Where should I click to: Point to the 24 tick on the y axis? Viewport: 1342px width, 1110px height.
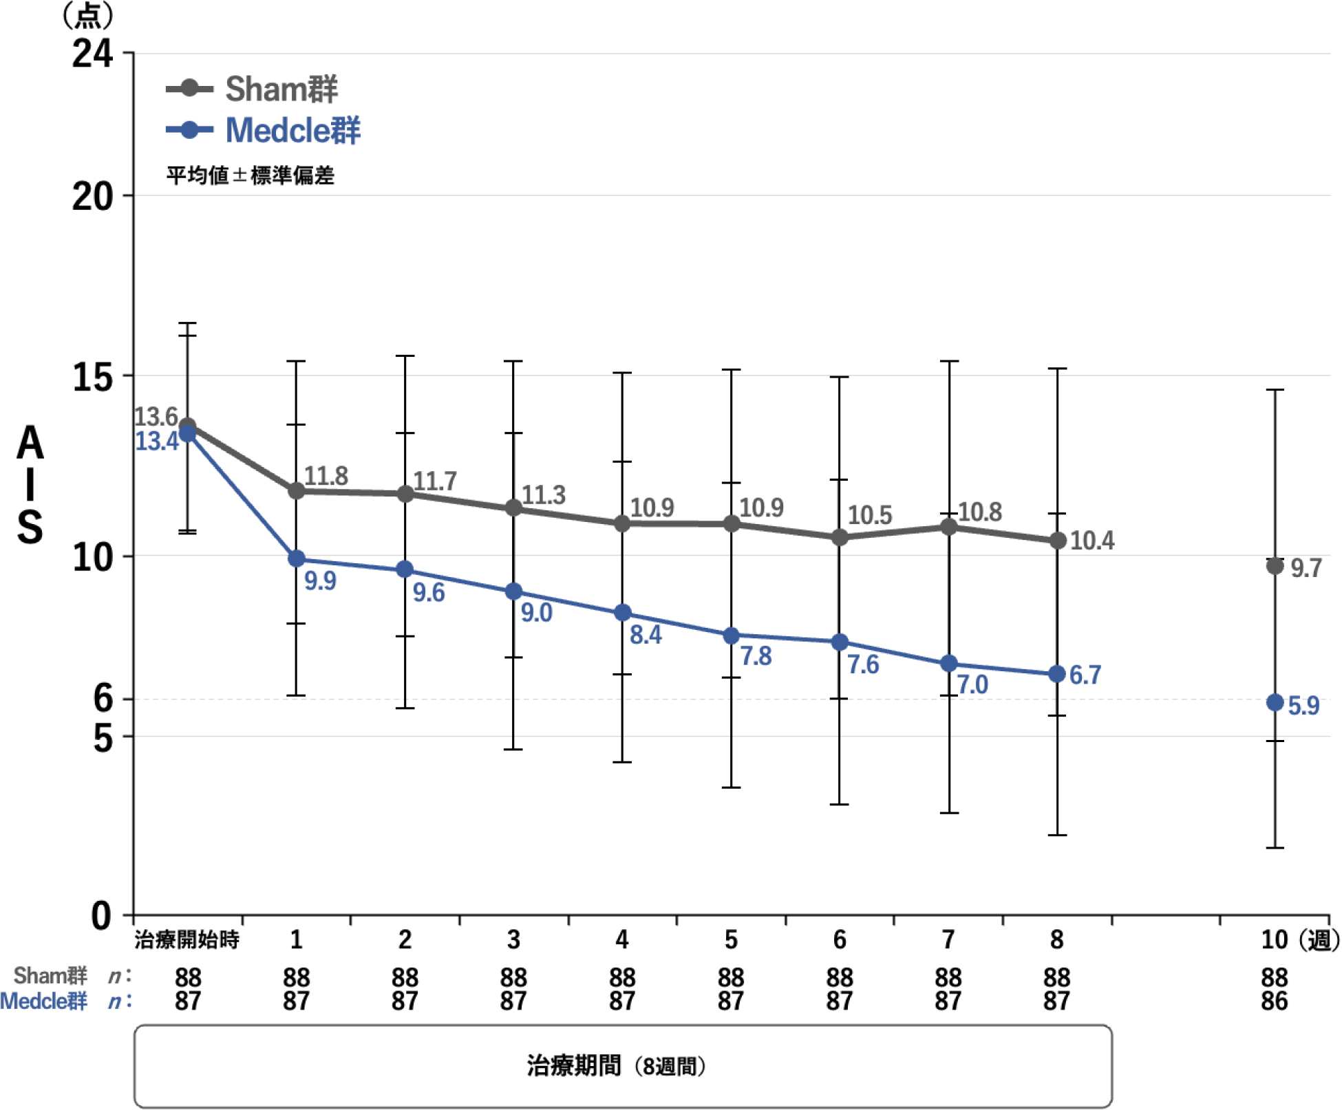tap(92, 53)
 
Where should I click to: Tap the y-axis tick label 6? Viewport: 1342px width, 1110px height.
tap(103, 698)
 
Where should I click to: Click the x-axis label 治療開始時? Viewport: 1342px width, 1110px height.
tap(187, 939)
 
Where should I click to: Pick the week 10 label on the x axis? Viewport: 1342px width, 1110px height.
tap(1274, 939)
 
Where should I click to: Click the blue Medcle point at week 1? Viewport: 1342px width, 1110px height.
tap(297, 558)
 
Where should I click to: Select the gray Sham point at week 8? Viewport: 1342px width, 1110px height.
tap(1057, 541)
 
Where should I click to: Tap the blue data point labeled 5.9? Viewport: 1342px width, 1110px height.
tap(1275, 702)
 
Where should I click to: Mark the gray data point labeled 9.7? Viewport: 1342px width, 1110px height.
tap(1275, 566)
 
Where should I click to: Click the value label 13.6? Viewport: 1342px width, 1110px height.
tap(156, 417)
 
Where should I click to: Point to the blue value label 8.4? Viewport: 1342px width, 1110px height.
tap(646, 635)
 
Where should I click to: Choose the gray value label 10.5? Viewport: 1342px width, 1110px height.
tap(869, 515)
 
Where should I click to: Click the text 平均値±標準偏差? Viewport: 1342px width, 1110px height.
tap(250, 176)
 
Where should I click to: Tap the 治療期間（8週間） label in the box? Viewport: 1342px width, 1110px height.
tap(616, 1066)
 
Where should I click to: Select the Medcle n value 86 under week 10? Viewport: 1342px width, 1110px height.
tap(1274, 1001)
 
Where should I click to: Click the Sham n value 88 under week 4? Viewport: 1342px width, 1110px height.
tap(621, 977)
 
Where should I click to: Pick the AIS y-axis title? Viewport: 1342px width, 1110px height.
tap(30, 484)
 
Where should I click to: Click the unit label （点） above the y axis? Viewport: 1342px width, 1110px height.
tap(88, 15)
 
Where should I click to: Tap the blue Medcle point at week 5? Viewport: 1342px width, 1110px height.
tap(731, 635)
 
